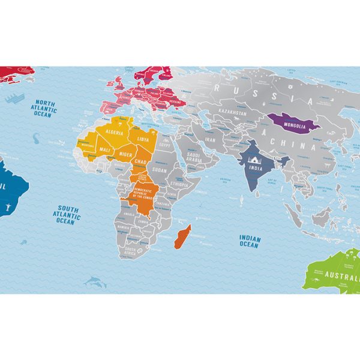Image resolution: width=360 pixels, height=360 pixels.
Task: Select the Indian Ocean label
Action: pos(249,241)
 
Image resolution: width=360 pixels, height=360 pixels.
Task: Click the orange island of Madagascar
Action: pos(182,235)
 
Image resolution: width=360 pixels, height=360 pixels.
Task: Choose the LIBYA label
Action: pos(142,139)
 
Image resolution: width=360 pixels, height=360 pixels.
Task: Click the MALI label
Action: pos(105,150)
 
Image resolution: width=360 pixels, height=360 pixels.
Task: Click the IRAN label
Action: pos(209,139)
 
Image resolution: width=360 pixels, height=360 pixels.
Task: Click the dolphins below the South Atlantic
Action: pos(94,281)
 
